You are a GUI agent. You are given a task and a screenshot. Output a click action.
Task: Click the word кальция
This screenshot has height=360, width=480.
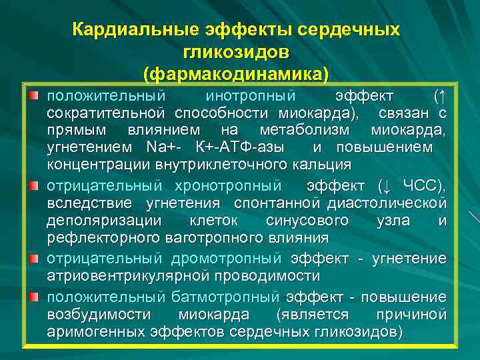(325, 164)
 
